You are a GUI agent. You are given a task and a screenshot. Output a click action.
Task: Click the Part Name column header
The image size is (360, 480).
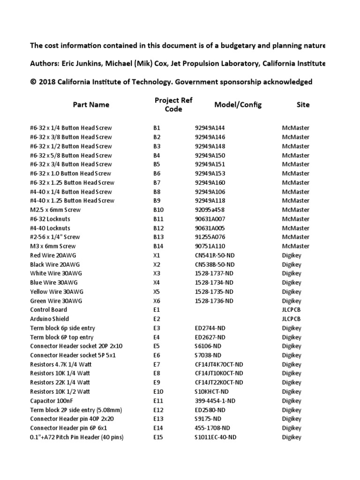pos(91,105)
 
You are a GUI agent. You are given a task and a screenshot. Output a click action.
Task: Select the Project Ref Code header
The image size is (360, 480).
pos(173,105)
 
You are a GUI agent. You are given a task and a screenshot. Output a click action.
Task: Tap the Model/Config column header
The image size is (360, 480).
pos(238,105)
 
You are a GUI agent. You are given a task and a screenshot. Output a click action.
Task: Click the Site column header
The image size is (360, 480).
pos(303,105)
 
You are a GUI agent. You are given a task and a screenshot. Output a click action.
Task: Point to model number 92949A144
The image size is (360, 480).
pos(210,128)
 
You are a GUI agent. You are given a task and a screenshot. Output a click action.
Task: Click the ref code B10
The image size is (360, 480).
pos(158,210)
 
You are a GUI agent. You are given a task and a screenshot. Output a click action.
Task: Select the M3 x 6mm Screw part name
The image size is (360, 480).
pos(52,246)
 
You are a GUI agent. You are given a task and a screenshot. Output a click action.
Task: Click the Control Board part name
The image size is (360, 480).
pos(48,310)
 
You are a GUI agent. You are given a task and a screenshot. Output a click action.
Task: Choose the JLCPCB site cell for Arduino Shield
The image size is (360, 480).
pos(292,319)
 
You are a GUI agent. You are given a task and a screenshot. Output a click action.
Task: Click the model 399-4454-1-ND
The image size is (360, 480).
pos(214,401)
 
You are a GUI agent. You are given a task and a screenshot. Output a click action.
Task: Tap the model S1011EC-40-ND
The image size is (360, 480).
pos(216,437)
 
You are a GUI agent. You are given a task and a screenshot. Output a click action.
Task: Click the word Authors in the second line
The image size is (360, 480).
pos(45,64)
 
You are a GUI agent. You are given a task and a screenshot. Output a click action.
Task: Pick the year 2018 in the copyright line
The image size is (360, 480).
pos(48,82)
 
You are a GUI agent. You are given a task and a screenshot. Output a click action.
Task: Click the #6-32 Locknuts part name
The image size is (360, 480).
pos(52,219)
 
